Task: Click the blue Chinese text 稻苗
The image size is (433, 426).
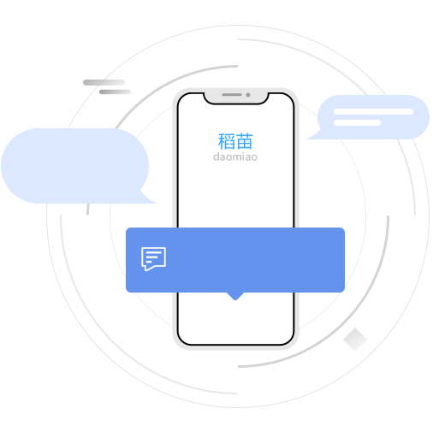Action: coord(235,141)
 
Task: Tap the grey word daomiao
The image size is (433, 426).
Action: coord(235,157)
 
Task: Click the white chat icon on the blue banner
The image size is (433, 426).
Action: coord(153,259)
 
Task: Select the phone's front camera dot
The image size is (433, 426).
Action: coord(248,95)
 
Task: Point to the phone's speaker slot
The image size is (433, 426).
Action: coord(232,94)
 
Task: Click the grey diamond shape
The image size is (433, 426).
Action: coord(355,340)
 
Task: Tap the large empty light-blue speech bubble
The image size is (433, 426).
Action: coord(74,166)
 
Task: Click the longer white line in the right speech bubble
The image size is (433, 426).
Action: coord(373,111)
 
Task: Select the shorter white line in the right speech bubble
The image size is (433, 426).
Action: coord(357,123)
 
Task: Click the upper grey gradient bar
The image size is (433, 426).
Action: coord(104,83)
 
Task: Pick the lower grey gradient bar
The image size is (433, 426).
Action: coord(115,92)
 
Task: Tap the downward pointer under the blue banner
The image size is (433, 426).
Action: coord(235,296)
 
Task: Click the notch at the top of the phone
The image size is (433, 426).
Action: coord(236,98)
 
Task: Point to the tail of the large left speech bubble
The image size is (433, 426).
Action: coord(148,198)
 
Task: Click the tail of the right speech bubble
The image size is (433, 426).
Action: coord(314,135)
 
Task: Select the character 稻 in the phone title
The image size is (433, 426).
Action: coord(227,141)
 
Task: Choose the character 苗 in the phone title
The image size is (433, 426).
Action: coord(245,141)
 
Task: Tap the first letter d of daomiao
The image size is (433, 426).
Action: coord(216,157)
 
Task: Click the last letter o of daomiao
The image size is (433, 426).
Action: coord(254,157)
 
